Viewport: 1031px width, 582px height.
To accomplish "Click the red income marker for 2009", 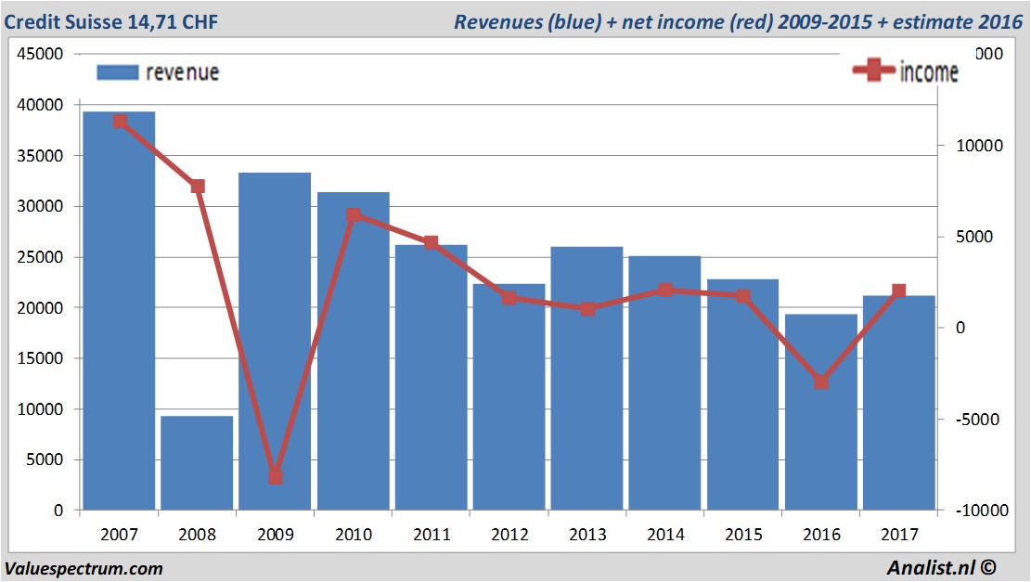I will (276, 477).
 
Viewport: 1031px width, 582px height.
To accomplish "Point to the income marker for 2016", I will (821, 382).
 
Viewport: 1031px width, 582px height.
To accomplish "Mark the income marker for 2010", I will (354, 215).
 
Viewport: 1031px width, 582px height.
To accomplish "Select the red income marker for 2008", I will (198, 187).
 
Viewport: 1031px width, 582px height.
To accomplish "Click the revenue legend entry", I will (159, 71).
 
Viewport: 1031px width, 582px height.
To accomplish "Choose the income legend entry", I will (906, 71).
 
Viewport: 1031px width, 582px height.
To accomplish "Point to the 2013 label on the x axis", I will (587, 535).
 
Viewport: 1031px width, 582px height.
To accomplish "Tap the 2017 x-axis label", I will (899, 535).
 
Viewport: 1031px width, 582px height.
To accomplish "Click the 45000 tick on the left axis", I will (40, 54).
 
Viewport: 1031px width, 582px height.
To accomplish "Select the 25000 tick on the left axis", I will (40, 257).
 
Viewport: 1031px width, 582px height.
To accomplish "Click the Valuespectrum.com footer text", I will (84, 568).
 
